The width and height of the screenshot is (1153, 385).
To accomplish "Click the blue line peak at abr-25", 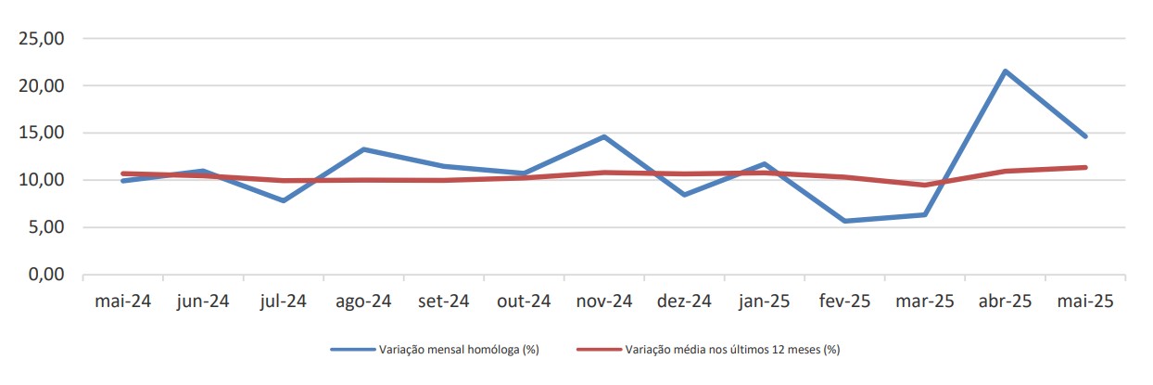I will pos(1005,71).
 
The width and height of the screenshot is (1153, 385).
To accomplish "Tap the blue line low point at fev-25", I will pos(844,221).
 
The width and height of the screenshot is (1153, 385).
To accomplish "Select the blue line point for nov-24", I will pos(604,136).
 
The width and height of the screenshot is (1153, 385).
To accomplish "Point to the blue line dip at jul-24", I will pos(283,200).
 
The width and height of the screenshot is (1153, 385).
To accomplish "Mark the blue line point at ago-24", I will pos(363,149).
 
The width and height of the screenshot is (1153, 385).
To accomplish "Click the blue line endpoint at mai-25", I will pos(1085,136).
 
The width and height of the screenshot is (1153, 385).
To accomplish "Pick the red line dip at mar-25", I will pos(925,185).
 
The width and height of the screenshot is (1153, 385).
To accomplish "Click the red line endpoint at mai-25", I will pos(1085,167).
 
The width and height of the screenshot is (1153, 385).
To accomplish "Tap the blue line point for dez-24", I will pos(684,195).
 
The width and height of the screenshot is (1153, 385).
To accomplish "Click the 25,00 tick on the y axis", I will pos(40,39).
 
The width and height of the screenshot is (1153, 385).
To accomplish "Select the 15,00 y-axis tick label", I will pos(40,134).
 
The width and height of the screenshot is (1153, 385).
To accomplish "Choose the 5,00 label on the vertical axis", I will pos(44,228).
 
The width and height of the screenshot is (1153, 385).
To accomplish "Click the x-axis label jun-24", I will pos(202,302).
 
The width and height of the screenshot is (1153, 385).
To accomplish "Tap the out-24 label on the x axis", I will pos(524,302).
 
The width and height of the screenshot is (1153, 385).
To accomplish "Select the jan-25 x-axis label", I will pos(764,302).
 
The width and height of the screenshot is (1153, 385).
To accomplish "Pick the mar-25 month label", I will pos(925,302).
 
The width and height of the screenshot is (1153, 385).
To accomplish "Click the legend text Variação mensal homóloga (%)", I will pos(459,350).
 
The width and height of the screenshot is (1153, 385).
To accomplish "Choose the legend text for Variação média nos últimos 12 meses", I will pos(732,350).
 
